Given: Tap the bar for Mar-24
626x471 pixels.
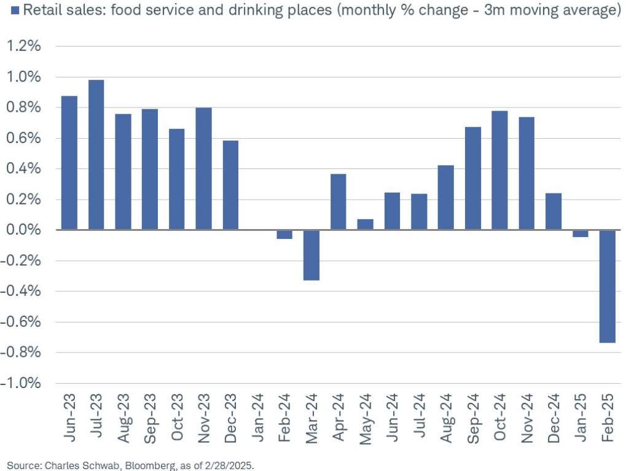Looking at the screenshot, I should (311, 255).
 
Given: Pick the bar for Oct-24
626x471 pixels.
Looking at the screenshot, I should (499, 170).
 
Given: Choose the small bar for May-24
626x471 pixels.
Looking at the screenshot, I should (365, 224).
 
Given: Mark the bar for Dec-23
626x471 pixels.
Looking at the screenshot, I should (230, 185).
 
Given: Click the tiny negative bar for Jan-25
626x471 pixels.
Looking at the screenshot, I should (581, 233).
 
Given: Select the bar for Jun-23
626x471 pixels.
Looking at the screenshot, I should (69, 163).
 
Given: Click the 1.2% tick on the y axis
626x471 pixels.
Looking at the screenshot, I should (23, 47).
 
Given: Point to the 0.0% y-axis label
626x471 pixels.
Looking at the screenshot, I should (23, 230).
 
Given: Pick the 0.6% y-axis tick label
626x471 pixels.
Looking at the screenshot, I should (23, 139).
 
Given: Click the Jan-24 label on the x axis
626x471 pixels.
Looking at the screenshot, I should (258, 418).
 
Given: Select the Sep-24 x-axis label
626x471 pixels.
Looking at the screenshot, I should (473, 418).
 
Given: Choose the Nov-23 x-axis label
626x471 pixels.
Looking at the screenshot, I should (204, 418).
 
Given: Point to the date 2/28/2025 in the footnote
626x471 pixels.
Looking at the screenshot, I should (232, 465).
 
